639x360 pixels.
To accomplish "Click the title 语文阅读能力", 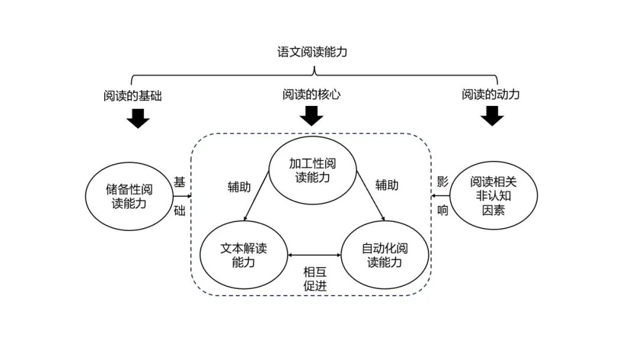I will pos(312,52).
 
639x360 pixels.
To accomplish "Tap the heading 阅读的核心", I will pos(311,95).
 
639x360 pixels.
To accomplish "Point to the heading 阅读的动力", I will pos(490,94).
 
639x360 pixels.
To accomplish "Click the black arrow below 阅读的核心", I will pos(311,115).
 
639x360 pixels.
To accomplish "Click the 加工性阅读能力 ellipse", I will pos(312,171).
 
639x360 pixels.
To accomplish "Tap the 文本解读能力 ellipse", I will pos(243,255).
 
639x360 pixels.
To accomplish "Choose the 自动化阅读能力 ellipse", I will pos(385,255).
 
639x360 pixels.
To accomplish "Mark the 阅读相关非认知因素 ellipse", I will pos(495,195).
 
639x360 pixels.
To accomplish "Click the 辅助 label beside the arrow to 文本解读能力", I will pos(239,187).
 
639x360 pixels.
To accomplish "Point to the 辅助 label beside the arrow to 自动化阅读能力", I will pos(387,185).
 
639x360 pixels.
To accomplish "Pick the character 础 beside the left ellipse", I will pos(179,211).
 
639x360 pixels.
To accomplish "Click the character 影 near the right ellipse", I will pos(443,182).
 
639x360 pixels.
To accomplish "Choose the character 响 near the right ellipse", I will pos(443,210).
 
